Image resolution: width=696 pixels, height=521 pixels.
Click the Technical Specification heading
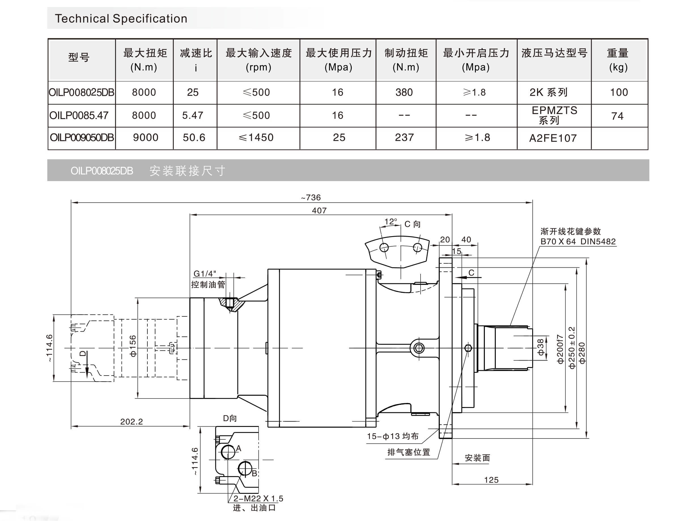point(121,19)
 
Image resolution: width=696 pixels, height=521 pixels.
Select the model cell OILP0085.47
point(79,116)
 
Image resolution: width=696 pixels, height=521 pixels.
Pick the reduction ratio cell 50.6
point(194,137)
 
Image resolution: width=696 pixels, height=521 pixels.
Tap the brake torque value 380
point(404,92)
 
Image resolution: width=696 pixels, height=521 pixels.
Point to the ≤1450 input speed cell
point(256,137)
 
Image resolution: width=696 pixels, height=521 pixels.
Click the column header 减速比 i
point(196,60)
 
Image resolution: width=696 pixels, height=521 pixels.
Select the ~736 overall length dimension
point(311,197)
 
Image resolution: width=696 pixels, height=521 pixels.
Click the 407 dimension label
point(319,210)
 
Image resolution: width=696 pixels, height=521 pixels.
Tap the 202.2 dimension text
point(131,422)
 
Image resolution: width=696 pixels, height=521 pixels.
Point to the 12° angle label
point(391,222)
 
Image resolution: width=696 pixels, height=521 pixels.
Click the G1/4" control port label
point(205,274)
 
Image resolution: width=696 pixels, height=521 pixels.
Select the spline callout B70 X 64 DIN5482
point(578,242)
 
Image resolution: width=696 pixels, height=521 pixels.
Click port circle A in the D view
point(228,452)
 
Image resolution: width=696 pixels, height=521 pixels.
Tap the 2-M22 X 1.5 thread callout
point(258,498)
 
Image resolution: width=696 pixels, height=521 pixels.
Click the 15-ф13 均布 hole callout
point(393,436)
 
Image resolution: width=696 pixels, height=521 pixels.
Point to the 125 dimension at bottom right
point(491,480)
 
